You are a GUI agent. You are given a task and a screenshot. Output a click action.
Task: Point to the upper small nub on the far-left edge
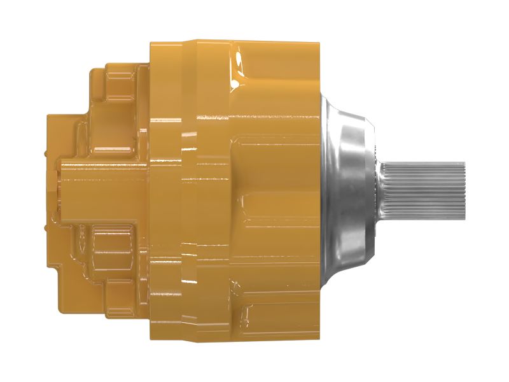point(45,153)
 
